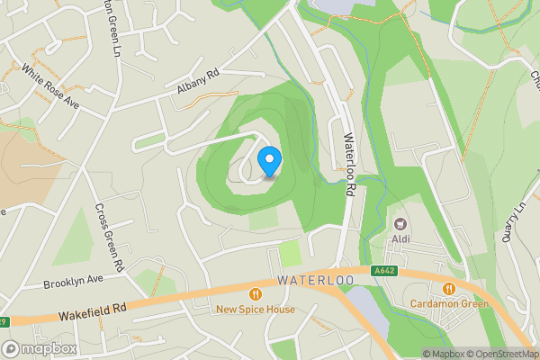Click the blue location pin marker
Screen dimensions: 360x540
[269, 162]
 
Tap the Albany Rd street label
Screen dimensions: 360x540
[198, 82]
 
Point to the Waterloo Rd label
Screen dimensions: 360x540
[350, 164]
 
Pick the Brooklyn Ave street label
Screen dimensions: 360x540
[73, 283]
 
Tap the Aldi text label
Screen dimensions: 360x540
[400, 239]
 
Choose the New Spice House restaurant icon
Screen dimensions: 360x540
[256, 293]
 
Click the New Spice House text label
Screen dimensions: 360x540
[256, 310]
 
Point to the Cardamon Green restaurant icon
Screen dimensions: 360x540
[448, 288]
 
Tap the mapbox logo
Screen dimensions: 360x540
[40, 348]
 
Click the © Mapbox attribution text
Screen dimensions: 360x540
[443, 354]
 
